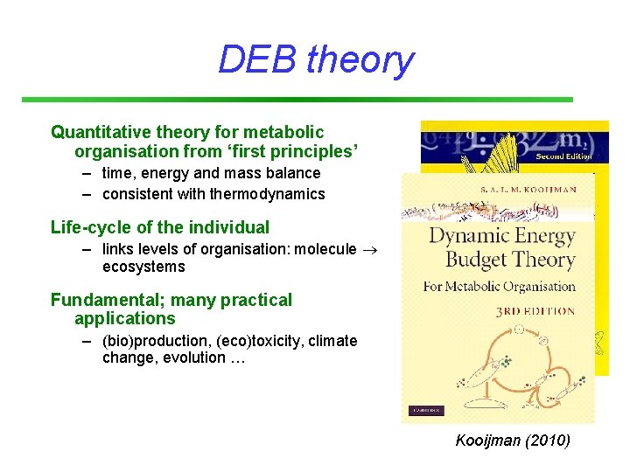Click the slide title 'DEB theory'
(315, 59)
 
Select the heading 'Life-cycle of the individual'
(160, 227)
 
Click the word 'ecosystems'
(143, 267)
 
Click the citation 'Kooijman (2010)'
(513, 440)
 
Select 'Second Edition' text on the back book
(563, 156)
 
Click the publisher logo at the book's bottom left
(425, 411)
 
